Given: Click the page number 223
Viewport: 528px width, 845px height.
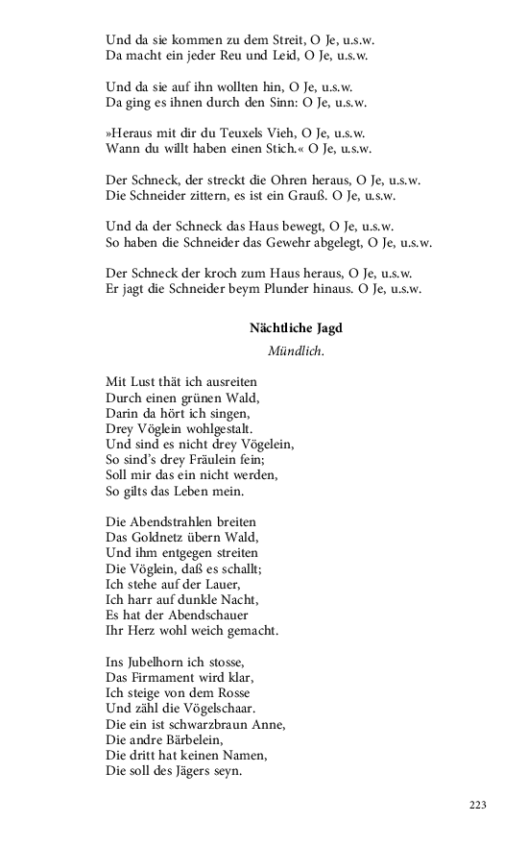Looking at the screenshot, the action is (478, 805).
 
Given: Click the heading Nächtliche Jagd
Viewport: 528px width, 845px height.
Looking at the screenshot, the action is (296, 328).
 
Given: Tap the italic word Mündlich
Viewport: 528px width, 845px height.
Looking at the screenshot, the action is (296, 352).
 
